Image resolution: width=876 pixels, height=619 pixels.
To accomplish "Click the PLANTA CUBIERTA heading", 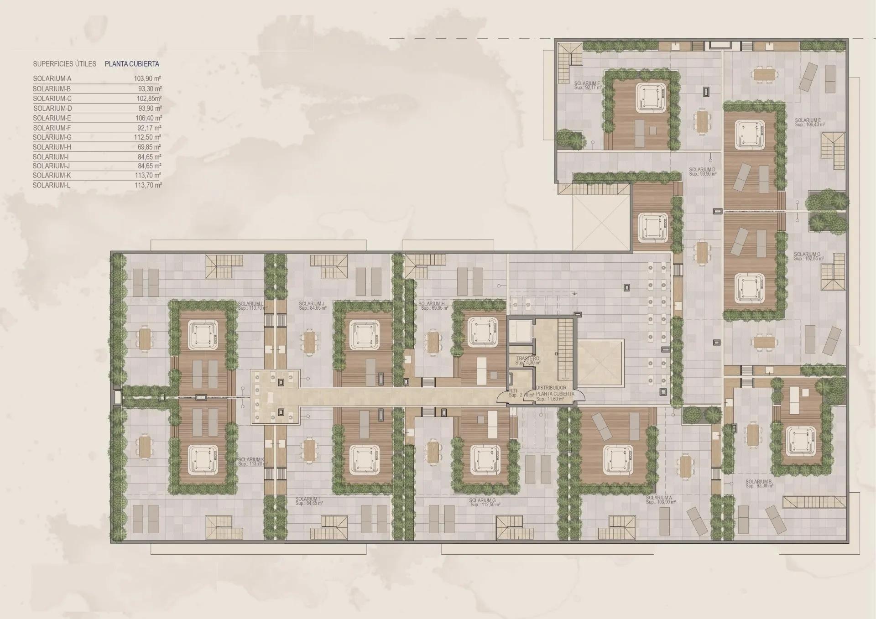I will pos(132,64).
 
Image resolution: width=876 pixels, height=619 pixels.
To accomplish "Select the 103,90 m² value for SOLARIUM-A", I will pos(147,78).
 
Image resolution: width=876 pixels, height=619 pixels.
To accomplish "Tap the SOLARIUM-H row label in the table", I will pos(52,147).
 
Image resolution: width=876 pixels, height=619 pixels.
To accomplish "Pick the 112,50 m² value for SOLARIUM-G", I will pos(147,137).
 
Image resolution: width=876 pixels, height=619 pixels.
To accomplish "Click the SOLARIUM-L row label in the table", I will pos(52,185).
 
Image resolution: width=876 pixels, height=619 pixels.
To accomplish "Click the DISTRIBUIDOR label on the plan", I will pos(551,388).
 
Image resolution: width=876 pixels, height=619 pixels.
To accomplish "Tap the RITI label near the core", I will pos(513,391).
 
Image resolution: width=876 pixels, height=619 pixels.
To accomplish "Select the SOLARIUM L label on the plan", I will pos(250,304).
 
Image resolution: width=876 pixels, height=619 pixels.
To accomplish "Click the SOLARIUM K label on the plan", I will pos(251,460).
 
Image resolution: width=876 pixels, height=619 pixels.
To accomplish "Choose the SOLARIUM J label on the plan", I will pos(312,304).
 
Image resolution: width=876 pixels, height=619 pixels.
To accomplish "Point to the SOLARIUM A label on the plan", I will pos(659,498).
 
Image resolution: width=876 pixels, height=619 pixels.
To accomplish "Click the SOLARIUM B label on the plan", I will pos(758,482).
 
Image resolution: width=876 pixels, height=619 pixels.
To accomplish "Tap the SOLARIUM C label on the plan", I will pos(807,255).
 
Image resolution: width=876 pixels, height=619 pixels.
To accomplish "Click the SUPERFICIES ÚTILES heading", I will pos(65,64).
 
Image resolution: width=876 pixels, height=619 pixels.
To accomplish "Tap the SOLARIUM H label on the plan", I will pos(431,304).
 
